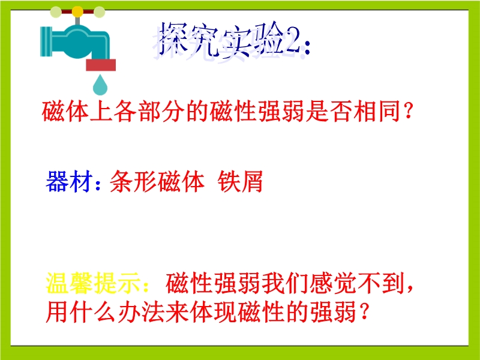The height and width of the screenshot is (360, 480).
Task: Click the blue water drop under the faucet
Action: pyautogui.click(x=100, y=85)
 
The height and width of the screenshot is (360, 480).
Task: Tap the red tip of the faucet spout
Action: pyautogui.click(x=101, y=65)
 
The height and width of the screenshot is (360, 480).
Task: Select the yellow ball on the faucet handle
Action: pyautogui.click(x=77, y=11)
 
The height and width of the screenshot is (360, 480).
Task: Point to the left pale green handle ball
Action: pyautogui.click(x=56, y=12)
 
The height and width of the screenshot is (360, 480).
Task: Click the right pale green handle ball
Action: pyautogui.click(x=99, y=12)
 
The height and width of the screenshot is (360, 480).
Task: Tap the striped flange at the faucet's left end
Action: pyautogui.click(x=46, y=41)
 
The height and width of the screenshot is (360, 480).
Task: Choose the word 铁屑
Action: pyautogui.click(x=241, y=181)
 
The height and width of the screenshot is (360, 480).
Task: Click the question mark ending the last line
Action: pyautogui.click(x=364, y=312)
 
